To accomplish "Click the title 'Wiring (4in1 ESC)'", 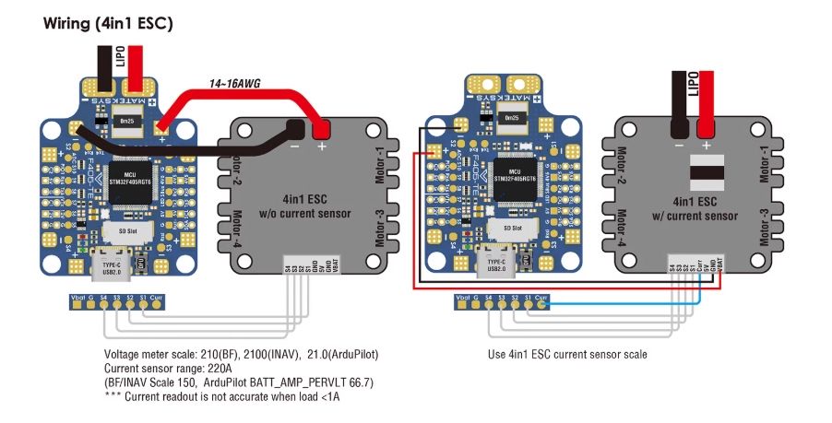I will point(108,23).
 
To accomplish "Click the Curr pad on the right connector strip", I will point(541,299).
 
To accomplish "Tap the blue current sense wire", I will point(627,303).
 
